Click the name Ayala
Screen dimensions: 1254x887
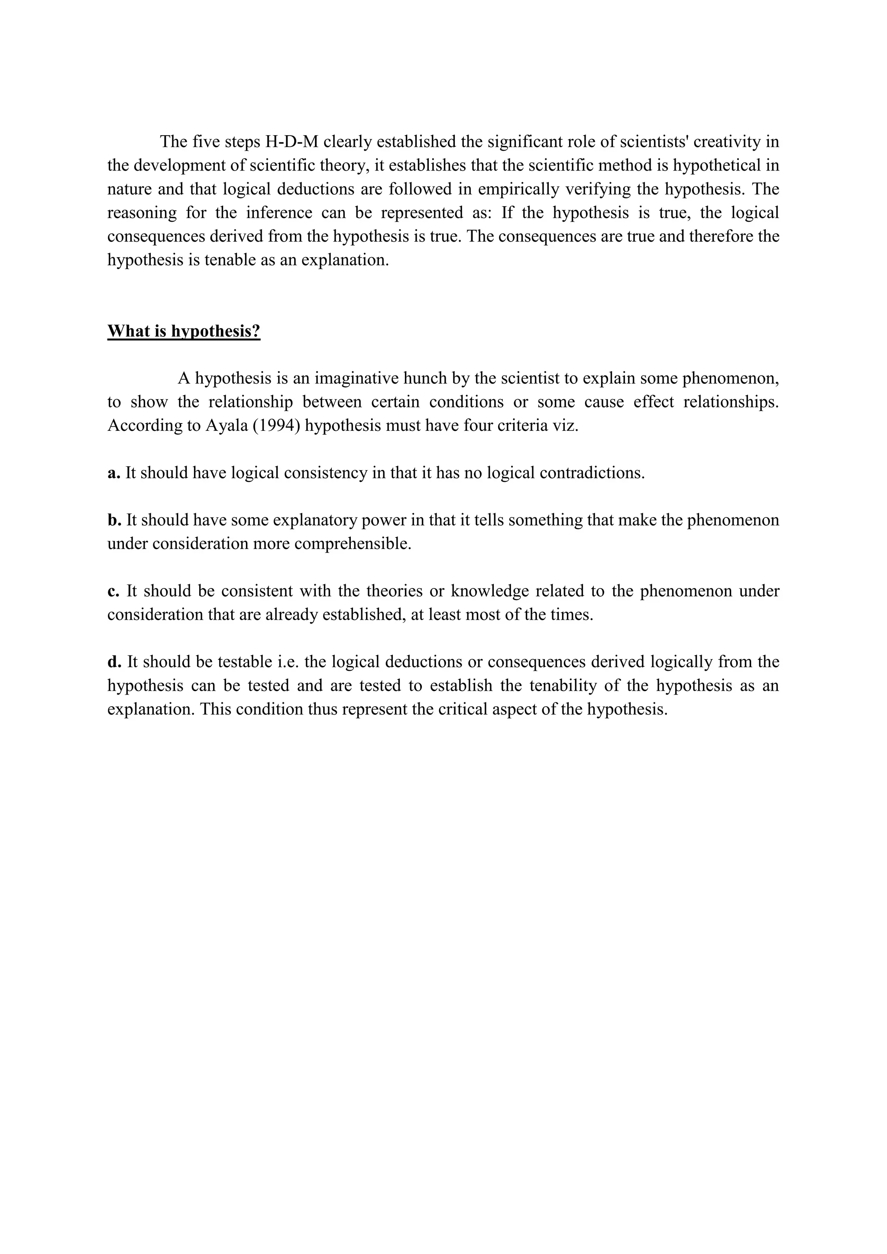226,426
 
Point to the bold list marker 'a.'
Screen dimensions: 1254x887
113,473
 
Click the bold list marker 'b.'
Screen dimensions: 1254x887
114,520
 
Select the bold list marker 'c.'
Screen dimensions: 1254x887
113,591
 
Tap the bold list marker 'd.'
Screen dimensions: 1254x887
114,662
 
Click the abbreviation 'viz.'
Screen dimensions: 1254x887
567,426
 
